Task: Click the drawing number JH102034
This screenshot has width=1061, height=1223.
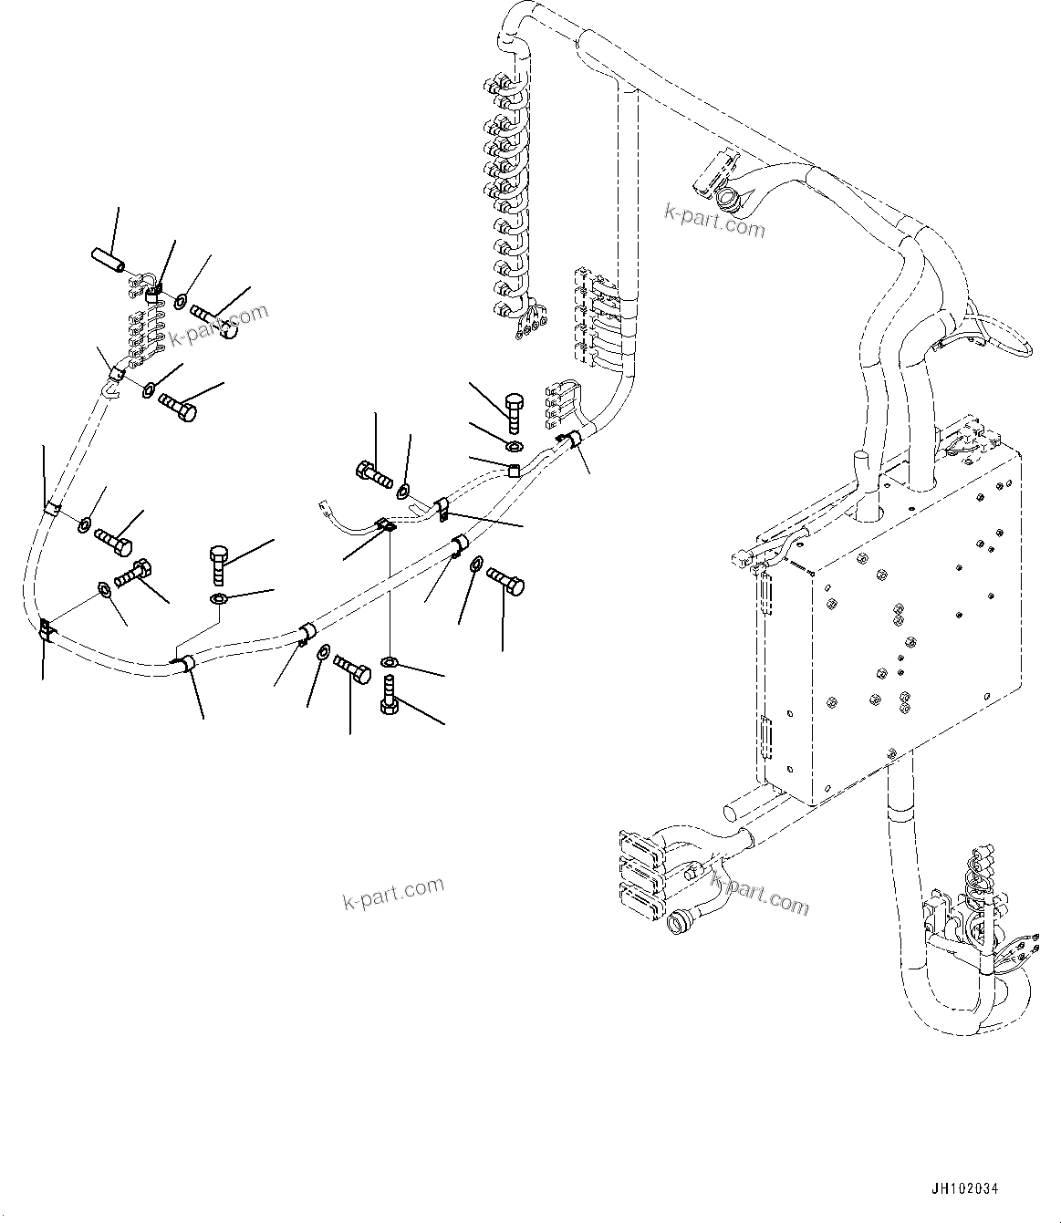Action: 964,1189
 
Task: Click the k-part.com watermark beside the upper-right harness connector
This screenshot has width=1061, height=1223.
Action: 714,220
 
